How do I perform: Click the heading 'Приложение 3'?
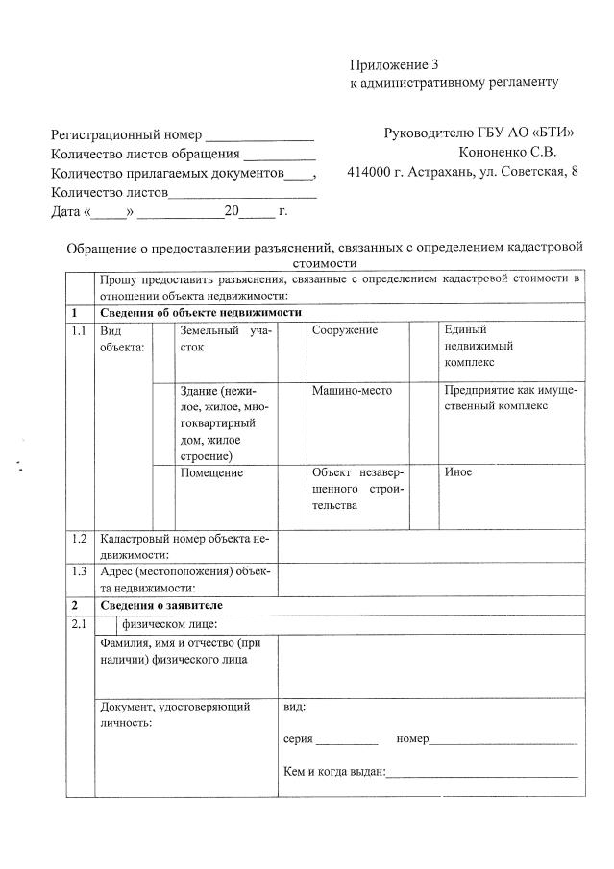tap(393, 65)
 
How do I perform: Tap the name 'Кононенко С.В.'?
tap(508, 152)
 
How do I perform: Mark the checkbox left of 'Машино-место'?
tap(292, 422)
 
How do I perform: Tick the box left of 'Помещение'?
tap(163, 497)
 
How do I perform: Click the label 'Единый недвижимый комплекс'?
tap(480, 346)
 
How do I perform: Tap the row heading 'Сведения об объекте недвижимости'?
tap(201, 313)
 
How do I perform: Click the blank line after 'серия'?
tap(347, 742)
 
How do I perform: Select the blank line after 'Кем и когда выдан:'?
tap(481, 774)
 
